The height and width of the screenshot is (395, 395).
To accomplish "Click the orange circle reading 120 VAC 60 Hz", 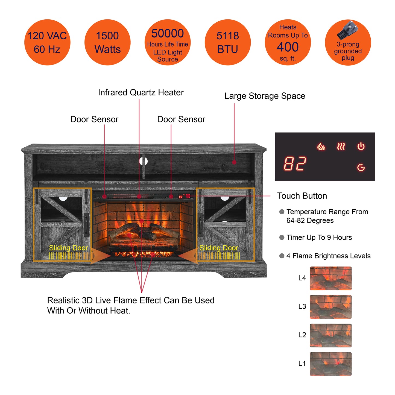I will point(47,42).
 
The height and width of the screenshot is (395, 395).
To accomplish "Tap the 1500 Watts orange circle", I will point(107,42).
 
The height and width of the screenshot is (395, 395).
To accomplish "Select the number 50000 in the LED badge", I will point(168,34).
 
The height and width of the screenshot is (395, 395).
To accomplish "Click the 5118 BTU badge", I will point(228,42).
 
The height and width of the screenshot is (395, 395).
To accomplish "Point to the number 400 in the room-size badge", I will point(288,47).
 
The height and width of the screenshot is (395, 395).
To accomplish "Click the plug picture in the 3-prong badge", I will point(346,30).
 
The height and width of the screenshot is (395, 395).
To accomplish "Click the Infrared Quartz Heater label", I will point(141,93).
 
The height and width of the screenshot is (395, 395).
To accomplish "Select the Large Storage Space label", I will point(265,96).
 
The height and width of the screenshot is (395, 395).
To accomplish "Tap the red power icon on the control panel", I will point(361,147).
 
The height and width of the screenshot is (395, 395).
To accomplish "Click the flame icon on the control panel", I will point(321,147).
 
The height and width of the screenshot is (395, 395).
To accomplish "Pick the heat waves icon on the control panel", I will point(341,147).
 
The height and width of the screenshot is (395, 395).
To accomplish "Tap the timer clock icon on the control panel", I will point(361,167).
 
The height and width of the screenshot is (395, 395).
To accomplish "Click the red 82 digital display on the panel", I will point(295,164).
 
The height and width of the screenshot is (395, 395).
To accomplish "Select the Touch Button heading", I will point(302,196).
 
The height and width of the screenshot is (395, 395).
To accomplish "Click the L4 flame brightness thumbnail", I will point(330,278).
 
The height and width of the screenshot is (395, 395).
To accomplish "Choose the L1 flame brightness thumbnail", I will point(330,364).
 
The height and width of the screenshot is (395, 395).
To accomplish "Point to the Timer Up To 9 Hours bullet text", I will point(319,238).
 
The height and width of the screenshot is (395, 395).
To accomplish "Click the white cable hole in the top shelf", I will point(144,161).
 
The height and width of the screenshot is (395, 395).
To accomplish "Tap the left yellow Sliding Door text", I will point(68,248).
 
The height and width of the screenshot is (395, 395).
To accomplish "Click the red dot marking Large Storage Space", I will point(234,162).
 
